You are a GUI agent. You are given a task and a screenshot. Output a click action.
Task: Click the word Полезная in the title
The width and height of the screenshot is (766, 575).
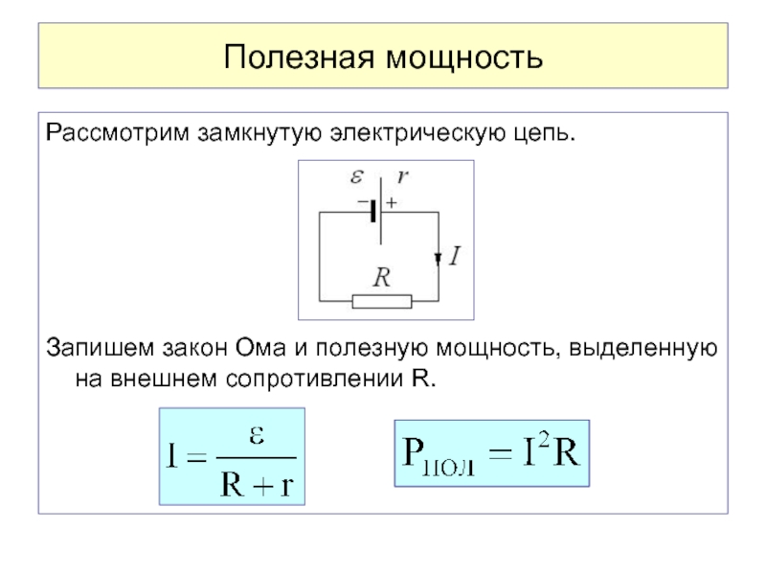299,57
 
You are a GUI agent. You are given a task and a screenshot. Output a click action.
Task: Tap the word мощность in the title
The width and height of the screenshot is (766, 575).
464,57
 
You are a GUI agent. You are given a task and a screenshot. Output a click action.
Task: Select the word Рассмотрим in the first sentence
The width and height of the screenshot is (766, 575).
117,133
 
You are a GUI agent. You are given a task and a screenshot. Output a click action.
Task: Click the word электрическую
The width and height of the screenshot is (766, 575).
417,133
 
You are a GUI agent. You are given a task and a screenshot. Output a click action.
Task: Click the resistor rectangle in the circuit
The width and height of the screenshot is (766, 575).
382,301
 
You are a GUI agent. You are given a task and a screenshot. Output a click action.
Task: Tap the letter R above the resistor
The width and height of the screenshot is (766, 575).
381,277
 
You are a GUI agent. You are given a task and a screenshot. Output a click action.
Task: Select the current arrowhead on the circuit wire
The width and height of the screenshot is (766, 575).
439,259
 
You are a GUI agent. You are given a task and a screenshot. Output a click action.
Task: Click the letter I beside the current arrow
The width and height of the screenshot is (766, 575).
455,256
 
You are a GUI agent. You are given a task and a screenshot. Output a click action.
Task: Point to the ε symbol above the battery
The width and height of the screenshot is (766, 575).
357,176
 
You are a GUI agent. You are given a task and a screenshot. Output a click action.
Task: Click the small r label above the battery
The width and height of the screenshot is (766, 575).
402,176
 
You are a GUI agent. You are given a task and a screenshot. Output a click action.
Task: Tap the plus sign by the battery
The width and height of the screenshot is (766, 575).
392,202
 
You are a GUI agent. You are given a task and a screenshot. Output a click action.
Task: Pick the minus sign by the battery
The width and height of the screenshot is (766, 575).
363,201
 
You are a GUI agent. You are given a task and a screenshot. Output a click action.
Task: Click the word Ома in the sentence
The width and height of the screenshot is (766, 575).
260,348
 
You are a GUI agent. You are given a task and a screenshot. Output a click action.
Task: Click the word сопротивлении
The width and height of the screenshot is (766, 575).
314,379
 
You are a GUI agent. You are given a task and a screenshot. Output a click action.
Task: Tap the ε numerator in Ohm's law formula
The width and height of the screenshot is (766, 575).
257,435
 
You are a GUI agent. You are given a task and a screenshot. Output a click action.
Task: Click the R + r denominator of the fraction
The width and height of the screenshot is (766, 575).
257,485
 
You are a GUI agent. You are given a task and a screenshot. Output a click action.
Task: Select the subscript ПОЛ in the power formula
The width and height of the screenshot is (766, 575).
448,468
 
